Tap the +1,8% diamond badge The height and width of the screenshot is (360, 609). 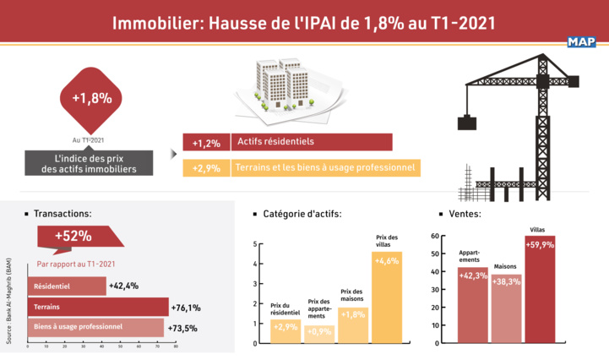91,98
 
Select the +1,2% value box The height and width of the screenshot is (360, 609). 205,143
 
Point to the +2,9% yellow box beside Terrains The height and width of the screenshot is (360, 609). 205,168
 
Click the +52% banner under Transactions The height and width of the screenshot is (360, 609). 73,237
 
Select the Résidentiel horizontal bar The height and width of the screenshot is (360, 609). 67,286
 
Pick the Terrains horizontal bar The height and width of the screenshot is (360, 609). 97,307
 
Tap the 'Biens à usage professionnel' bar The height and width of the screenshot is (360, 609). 95,326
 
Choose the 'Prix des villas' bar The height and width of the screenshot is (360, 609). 386,297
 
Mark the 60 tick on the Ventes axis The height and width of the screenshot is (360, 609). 435,236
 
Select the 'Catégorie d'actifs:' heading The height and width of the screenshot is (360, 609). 302,215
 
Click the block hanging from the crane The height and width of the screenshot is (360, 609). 467,123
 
